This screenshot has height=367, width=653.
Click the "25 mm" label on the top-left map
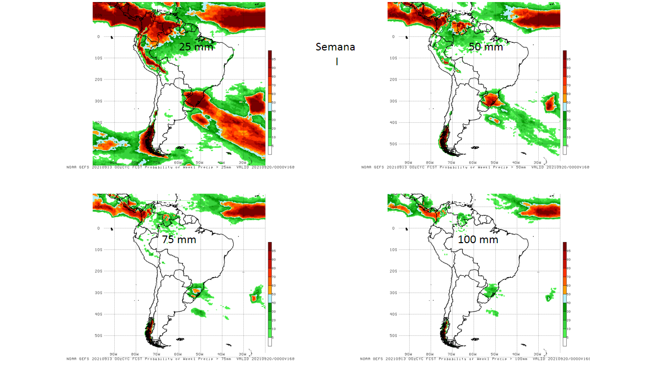coord(196,47)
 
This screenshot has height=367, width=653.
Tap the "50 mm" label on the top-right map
coord(486,47)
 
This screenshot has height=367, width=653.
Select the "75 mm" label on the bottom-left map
coord(179,239)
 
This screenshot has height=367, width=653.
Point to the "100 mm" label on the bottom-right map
coord(478,239)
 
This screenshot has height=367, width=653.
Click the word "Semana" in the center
coord(335,47)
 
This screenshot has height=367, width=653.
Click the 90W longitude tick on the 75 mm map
coord(113,354)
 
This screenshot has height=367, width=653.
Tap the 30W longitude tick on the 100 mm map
coord(537,354)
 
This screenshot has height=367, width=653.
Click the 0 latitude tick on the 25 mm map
coord(99,37)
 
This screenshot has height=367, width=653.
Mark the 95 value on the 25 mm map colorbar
coord(274,59)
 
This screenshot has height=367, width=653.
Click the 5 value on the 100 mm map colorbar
coord(569,337)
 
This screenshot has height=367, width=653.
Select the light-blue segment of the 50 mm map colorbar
coord(565,107)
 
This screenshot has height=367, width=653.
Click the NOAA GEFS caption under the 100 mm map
coord(475,359)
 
